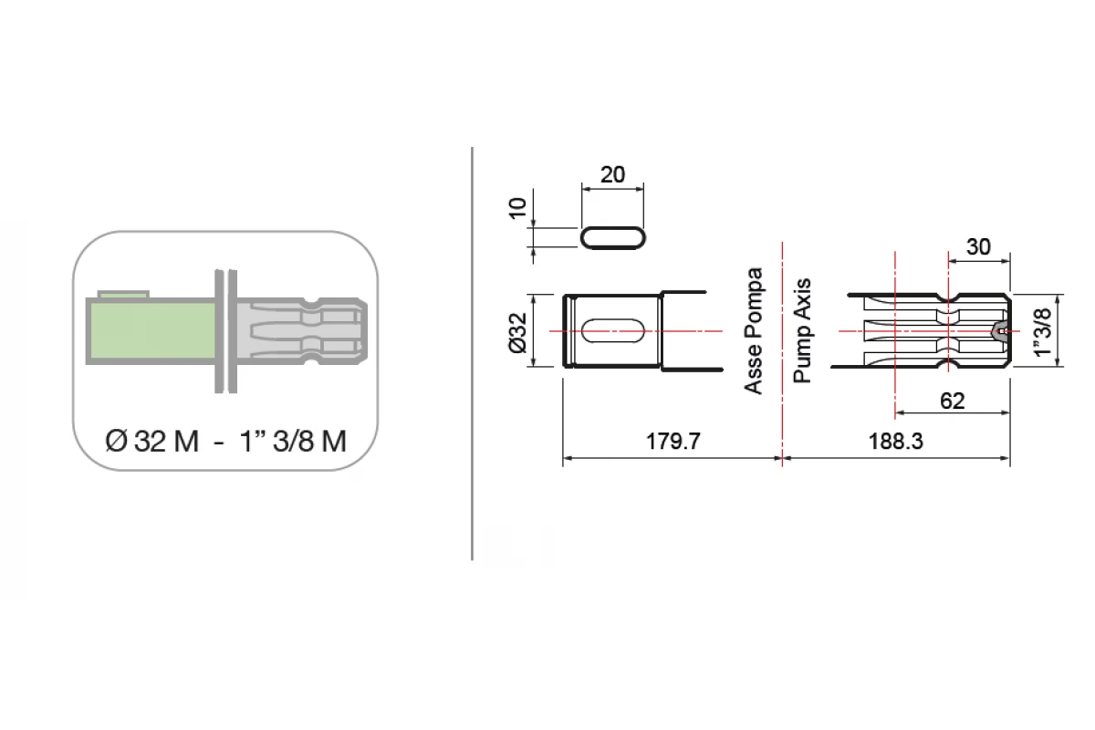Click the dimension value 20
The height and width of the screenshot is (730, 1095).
click(612, 174)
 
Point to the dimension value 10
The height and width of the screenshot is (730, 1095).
click(517, 208)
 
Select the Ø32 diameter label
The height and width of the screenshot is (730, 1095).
click(517, 332)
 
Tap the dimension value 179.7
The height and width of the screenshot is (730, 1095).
click(673, 441)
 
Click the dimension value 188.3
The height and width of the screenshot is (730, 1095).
click(895, 441)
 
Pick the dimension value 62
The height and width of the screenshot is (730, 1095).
click(953, 401)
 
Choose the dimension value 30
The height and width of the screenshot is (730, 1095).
click(978, 247)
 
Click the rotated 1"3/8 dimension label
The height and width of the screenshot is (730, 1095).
click(1043, 332)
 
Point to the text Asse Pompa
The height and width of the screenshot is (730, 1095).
click(754, 330)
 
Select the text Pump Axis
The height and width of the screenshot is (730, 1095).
click(802, 330)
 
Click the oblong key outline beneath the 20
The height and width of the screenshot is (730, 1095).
click(613, 238)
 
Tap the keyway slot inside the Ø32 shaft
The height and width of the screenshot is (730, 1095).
click(613, 331)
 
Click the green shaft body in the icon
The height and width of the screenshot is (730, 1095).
click(151, 330)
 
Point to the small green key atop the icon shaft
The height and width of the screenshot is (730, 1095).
click(123, 294)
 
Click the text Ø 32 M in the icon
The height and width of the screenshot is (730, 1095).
click(152, 441)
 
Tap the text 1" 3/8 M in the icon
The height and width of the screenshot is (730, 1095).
click(293, 441)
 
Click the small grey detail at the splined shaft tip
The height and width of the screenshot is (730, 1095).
click(1000, 330)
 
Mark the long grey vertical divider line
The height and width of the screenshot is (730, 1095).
click(472, 353)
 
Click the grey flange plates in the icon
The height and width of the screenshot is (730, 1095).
click(226, 331)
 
